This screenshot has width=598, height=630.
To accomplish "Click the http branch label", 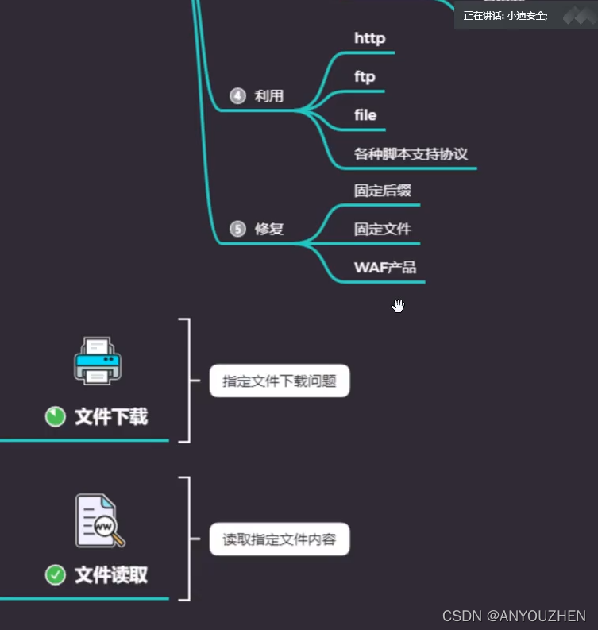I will pos(369,38).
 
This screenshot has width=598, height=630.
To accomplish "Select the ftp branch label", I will pos(365,77).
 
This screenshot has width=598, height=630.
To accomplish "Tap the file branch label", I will pos(365,115).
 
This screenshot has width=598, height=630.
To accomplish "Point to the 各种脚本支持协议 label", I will pos(416,153).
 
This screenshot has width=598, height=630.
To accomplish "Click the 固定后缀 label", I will pos(383,191).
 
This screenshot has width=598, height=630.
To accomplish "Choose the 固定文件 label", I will pos(383,229).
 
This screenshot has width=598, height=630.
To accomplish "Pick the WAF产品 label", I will pos(385,267).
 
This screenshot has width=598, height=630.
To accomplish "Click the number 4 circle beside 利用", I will pos(237,96).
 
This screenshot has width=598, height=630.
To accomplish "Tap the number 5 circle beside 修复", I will pos(237,229).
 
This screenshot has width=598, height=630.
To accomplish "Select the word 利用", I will pos(269,96).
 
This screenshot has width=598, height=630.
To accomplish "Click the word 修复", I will pos(269,229).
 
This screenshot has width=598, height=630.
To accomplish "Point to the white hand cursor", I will pos(398,306).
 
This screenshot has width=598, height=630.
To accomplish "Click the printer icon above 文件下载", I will pos(98,360).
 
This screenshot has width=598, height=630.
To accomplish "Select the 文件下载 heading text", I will pos(111,416).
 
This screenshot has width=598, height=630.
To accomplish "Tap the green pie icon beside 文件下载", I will pos(55,416).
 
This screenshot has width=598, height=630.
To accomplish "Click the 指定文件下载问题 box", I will pos(280,381).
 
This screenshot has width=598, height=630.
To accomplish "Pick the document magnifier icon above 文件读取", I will pos(99,521).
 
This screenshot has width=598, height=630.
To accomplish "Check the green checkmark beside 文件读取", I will pos(55,574).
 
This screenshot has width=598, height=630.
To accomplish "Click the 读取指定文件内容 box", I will pos(280,540).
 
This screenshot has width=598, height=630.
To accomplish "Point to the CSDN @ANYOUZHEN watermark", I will pos(514,616).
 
